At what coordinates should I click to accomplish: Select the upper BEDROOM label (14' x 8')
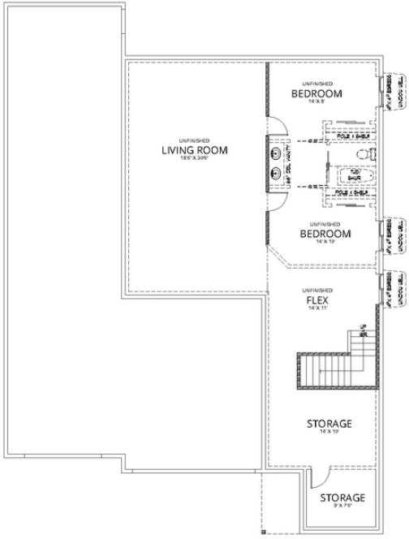coord(317,93)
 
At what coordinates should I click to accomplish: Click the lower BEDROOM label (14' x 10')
coord(325,234)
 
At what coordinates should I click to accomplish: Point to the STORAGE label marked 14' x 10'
coord(329,425)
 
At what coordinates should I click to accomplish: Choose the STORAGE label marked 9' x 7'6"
coord(341,498)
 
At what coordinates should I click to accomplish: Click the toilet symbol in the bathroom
coord(367,153)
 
